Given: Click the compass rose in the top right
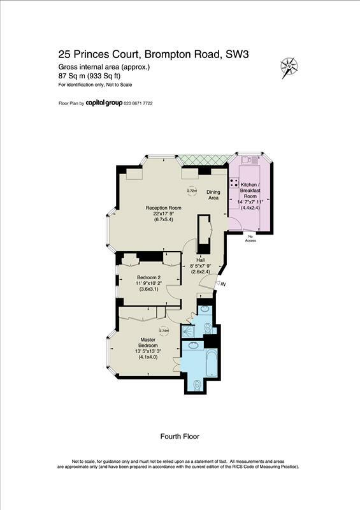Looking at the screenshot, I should pyautogui.click(x=290, y=65).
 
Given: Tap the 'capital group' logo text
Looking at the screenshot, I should pyautogui.click(x=104, y=103).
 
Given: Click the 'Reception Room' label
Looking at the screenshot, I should pyautogui.click(x=164, y=208).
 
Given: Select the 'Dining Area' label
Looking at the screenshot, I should pyautogui.click(x=213, y=195).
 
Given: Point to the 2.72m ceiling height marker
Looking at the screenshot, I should pyautogui.click(x=192, y=191).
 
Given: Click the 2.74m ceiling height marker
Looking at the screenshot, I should pyautogui.click(x=163, y=331).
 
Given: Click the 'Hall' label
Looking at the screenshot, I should pyautogui.click(x=199, y=260).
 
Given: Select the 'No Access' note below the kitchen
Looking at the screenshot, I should pyautogui.click(x=250, y=238).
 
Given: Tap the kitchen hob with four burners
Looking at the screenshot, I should pyautogui.click(x=234, y=184).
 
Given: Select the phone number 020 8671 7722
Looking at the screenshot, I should pyautogui.click(x=138, y=103).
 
